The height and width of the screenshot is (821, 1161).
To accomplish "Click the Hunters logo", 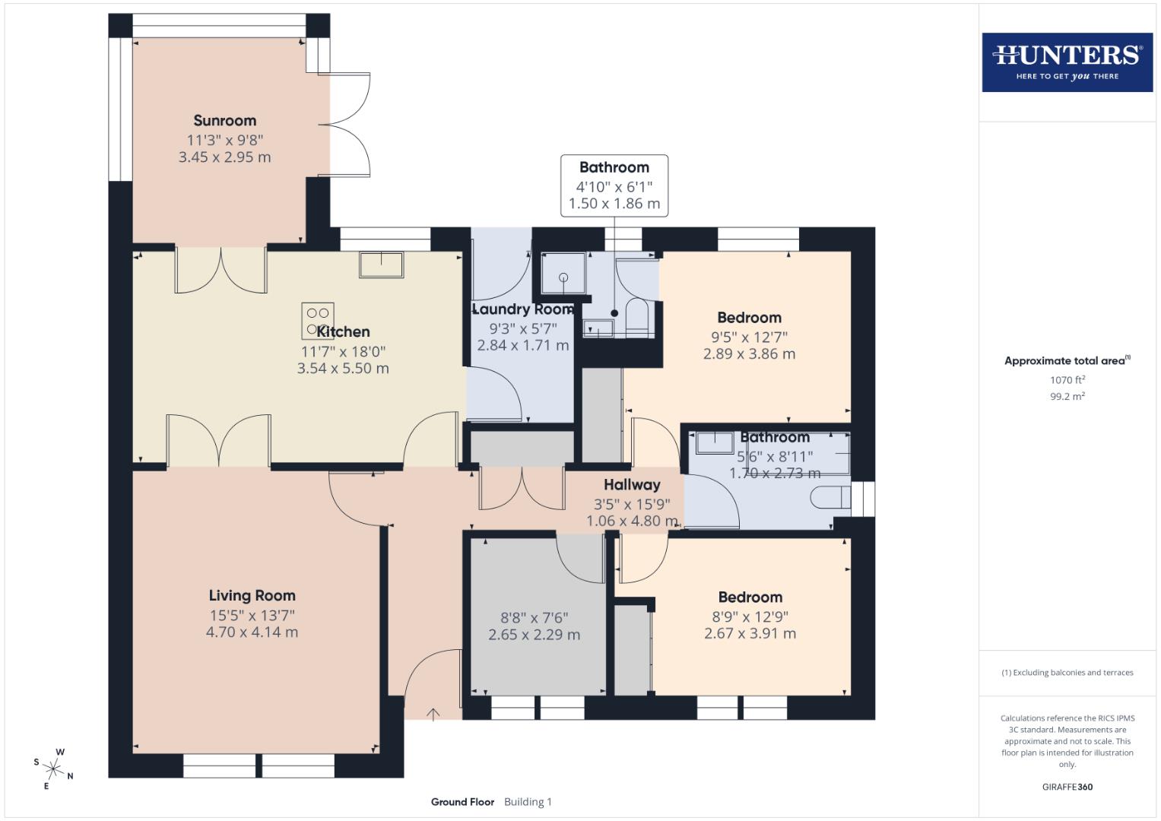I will tap(1067, 62).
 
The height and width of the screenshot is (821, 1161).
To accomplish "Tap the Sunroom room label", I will tap(224, 121).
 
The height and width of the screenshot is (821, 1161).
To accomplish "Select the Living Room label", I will tap(252, 596).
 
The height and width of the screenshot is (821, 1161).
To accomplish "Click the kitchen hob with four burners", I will tap(317, 320).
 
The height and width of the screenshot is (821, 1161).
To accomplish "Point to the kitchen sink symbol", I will tap(382, 265).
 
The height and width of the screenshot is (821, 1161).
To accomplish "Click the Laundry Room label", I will tap(522, 309).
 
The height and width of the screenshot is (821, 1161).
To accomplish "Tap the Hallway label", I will tap(632, 485).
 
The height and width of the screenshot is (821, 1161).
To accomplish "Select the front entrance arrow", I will tap(433, 714).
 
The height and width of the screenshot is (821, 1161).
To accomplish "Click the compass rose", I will tap(53, 768).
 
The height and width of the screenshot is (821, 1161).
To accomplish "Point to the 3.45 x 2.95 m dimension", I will tap(224, 157).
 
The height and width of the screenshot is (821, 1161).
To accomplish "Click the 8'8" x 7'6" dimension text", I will tap(534, 618).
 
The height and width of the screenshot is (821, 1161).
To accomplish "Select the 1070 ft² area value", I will tap(1067, 380).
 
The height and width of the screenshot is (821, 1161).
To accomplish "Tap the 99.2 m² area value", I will tap(1067, 396).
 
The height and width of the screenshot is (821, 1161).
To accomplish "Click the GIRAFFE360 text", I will tap(1067, 787).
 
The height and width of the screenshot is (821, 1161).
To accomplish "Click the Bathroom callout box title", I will tap(614, 167).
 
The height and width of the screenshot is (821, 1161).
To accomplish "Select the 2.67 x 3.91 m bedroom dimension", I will tap(750, 633).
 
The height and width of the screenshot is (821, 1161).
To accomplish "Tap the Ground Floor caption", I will tap(462, 802).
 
